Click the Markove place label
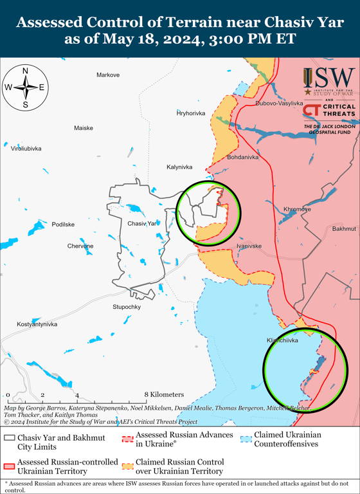108,75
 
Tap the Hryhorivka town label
191,113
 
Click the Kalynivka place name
179,167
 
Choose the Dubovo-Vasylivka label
279,103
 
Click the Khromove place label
297,210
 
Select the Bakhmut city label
345,229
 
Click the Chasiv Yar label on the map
142,223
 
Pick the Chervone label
80,246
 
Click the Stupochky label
127,307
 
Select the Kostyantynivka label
37,324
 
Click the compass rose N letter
25,71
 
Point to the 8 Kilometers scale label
164,394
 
